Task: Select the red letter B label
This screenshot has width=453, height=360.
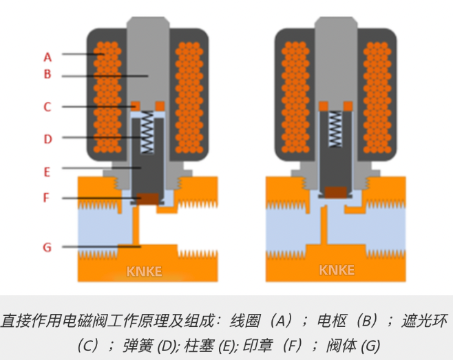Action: (x=48, y=75)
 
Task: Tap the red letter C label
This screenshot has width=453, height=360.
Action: (x=48, y=107)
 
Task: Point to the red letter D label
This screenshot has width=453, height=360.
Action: (x=48, y=138)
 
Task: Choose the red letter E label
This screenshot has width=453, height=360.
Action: (x=48, y=168)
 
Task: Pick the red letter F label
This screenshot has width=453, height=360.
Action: (x=48, y=198)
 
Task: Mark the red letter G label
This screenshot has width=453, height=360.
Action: (x=48, y=246)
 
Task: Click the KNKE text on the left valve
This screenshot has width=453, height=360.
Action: (x=144, y=271)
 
